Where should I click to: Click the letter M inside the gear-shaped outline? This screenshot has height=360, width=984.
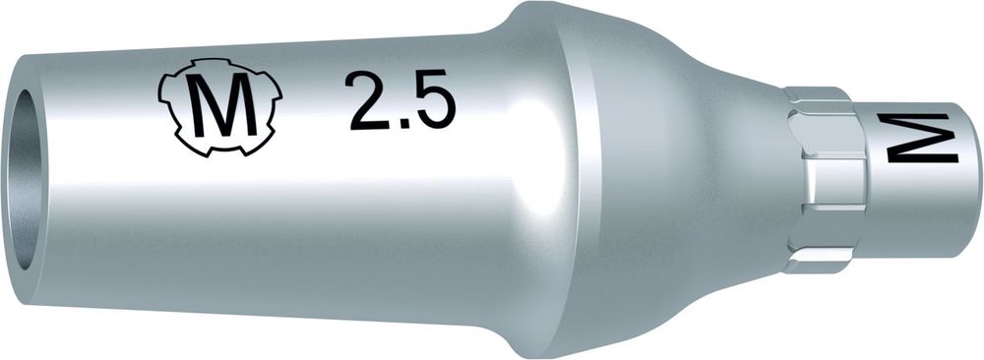[220, 105]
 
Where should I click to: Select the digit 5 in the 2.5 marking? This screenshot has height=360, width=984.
[432, 100]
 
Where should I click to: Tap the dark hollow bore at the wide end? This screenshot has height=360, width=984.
[27, 179]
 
